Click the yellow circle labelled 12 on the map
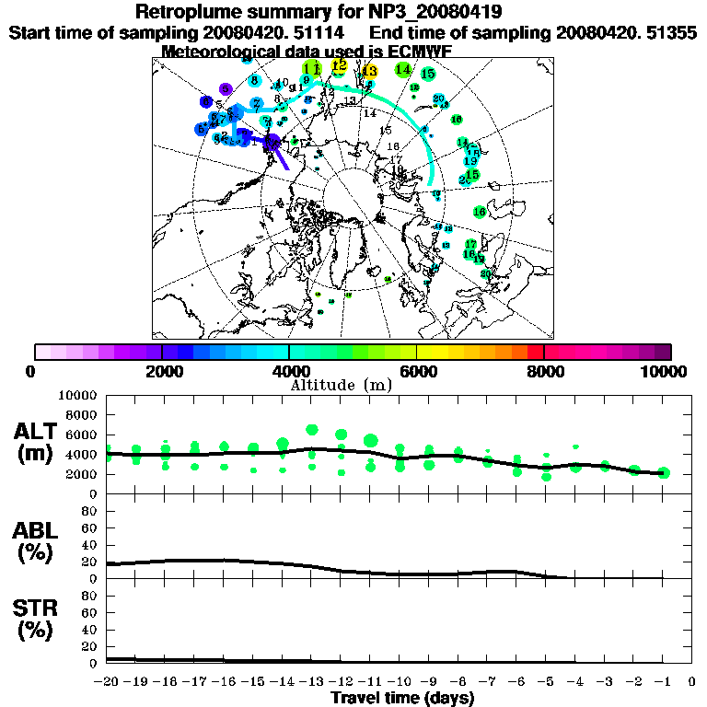click(339, 65)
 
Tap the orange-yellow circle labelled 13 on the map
click(369, 71)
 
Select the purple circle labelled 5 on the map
click(225, 89)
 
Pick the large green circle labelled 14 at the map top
click(403, 69)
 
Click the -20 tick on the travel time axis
click(107, 682)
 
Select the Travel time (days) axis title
click(402, 699)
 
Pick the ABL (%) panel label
click(37, 541)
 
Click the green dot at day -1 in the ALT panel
click(664, 473)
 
